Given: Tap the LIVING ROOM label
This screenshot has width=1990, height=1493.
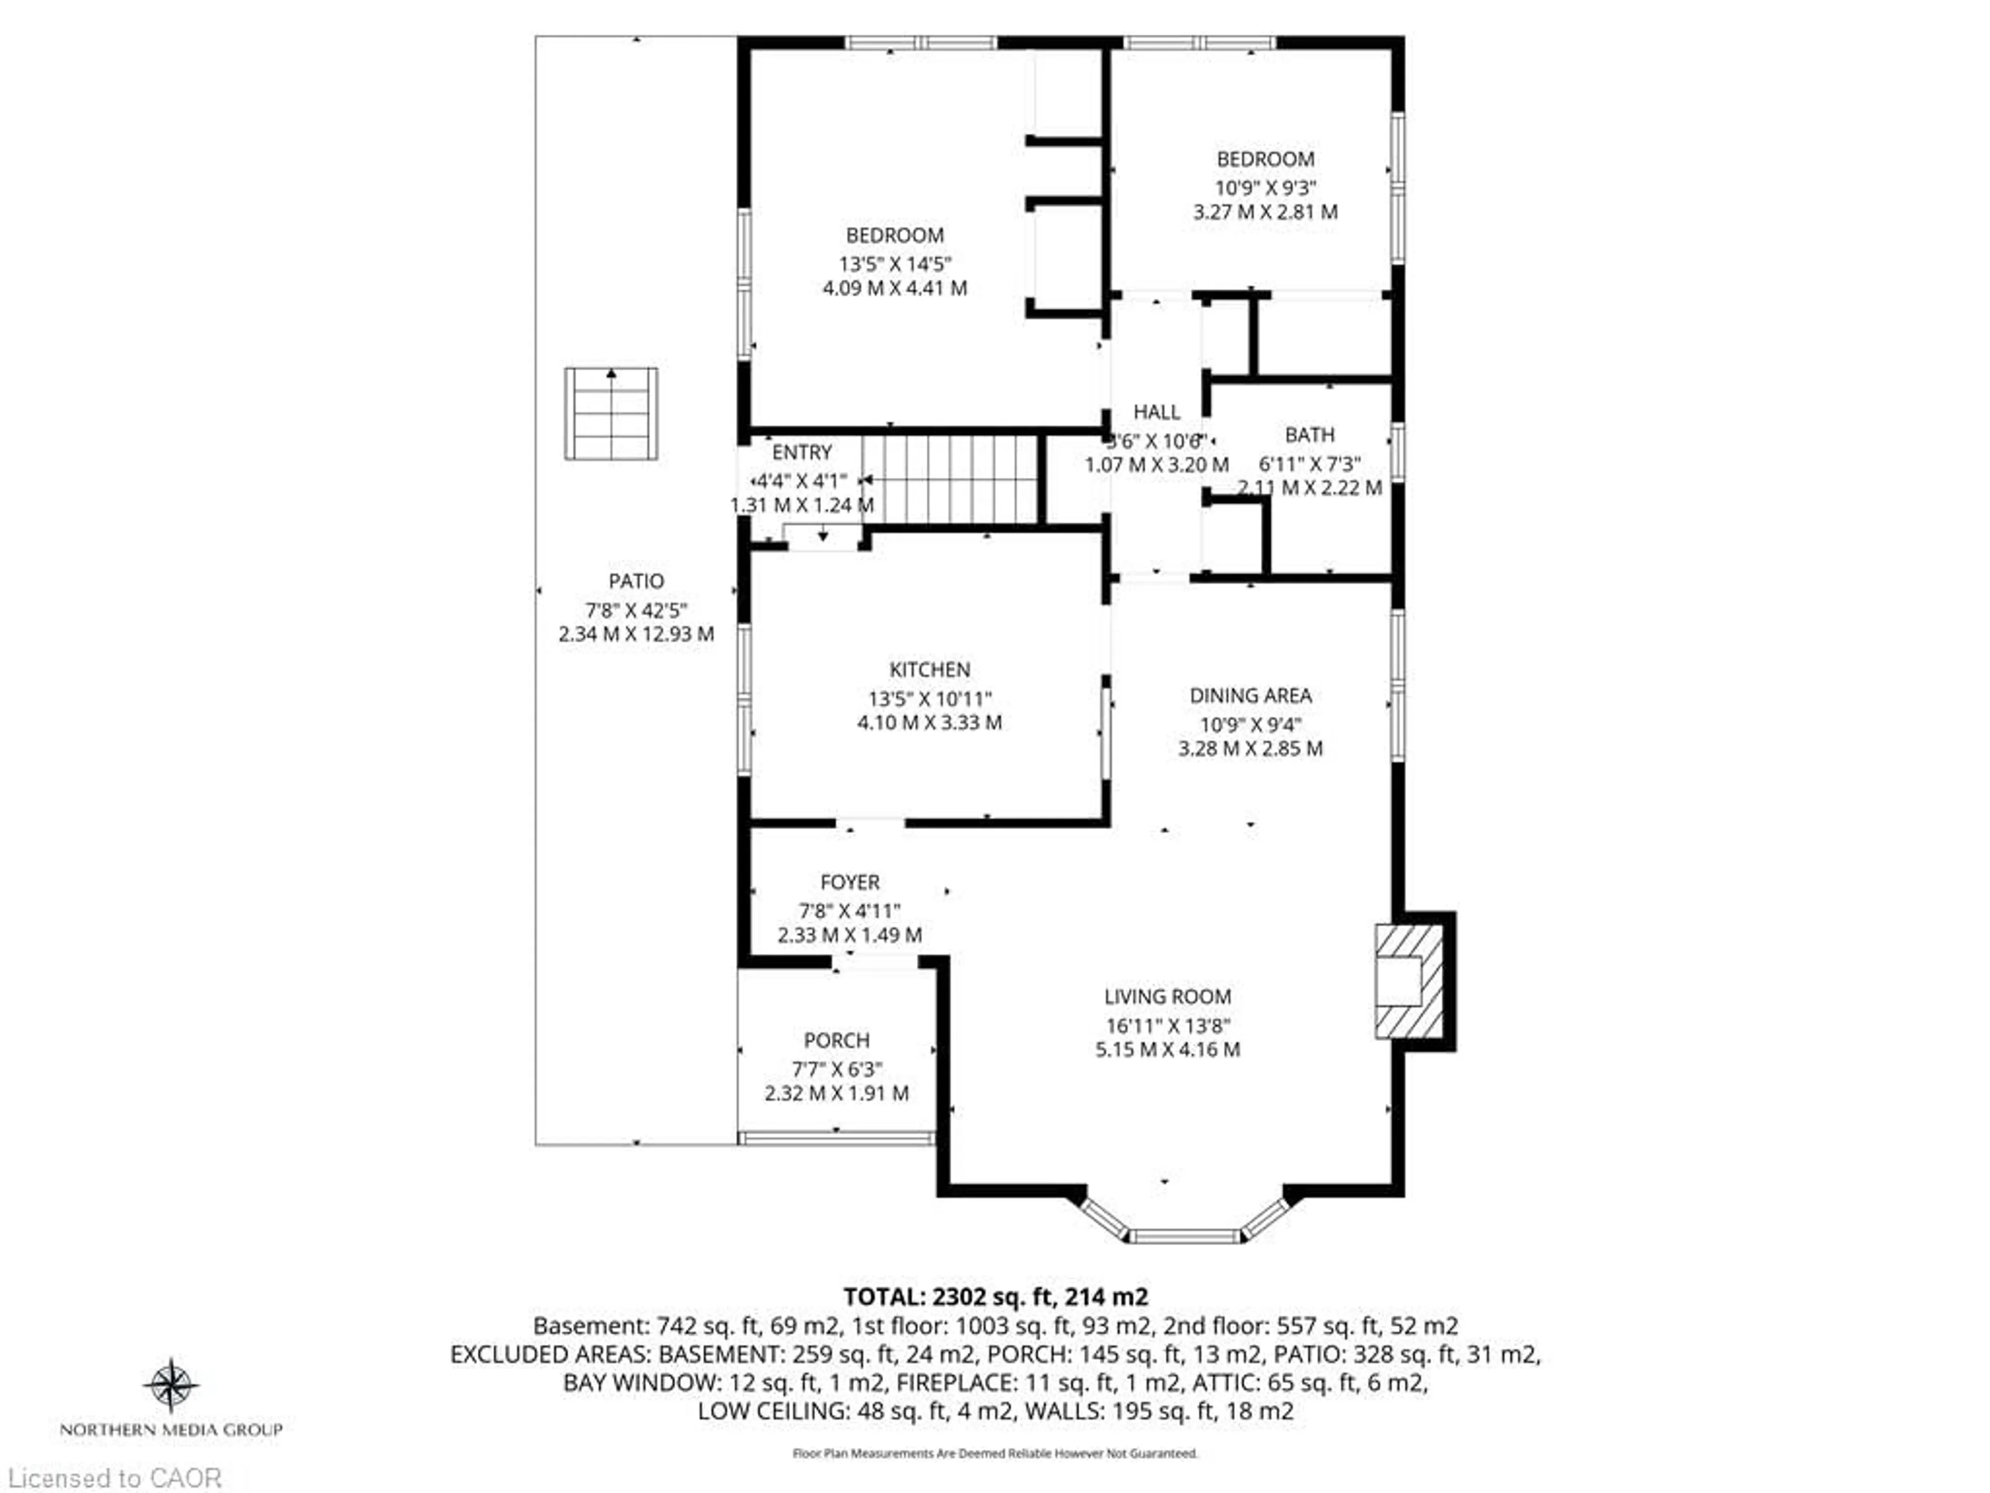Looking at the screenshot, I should click(x=1167, y=996).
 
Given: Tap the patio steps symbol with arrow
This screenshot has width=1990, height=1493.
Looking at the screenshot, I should click(x=611, y=414).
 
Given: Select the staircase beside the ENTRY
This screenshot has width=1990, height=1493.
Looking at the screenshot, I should click(x=952, y=479).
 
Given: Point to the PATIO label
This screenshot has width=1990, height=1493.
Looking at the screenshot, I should click(x=636, y=581).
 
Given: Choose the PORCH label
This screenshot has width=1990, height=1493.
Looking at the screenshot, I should click(x=836, y=1040).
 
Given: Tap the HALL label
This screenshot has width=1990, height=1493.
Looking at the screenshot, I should click(x=1156, y=412).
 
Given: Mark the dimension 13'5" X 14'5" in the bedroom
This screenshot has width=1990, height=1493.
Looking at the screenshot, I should click(x=894, y=264).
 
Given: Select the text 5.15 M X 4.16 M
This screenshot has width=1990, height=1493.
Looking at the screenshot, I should click(x=1167, y=1049).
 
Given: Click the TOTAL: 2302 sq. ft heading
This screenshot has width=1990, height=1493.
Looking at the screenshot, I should click(x=995, y=1297).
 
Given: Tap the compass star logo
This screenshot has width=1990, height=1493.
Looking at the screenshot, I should click(x=171, y=1384).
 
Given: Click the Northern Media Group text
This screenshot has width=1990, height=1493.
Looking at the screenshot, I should click(x=171, y=1429).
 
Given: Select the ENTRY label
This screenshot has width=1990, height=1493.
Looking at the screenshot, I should click(x=802, y=453).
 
